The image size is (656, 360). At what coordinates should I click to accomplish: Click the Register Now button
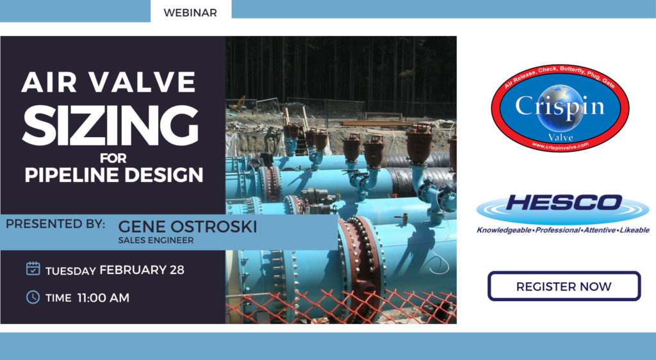coord(564,286)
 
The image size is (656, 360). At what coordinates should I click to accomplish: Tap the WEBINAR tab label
coord(190,13)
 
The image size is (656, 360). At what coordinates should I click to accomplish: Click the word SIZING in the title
coord(110,125)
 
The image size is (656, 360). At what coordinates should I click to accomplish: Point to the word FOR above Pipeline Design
coord(113,158)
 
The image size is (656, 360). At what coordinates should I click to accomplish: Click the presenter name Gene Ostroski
coord(188,226)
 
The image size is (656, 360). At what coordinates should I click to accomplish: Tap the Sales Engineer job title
coord(156,240)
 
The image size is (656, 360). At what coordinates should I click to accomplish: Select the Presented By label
coord(55,224)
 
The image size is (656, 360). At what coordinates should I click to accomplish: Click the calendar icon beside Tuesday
coord(33,268)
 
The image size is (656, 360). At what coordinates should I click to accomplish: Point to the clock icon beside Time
coord(33,297)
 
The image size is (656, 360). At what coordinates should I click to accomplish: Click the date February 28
coord(142,270)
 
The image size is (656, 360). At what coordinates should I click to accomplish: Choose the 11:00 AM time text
coord(103,298)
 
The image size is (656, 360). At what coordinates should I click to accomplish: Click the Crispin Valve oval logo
coord(560,108)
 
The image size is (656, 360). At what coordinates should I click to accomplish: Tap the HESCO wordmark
coord(564,202)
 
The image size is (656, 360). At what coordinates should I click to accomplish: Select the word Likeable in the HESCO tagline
coord(635,230)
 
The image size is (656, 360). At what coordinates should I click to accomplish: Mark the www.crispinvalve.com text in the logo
coord(561,145)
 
